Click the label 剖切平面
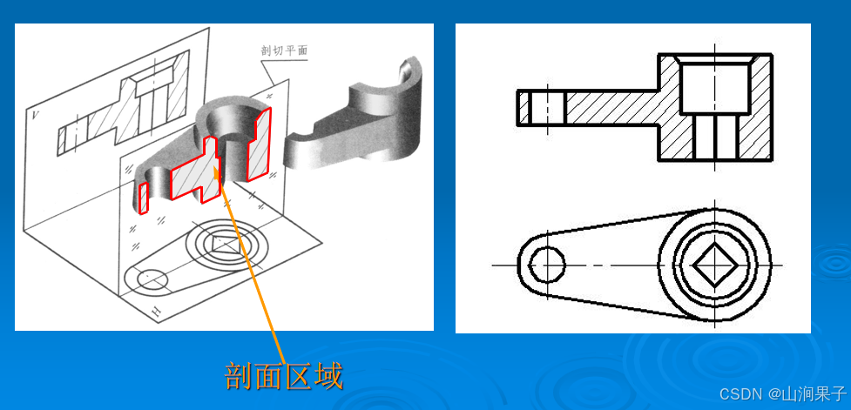[x=284, y=51]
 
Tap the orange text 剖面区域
[x=284, y=376]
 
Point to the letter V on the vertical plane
[x=36, y=115]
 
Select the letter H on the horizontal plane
[x=157, y=312]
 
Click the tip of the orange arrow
[x=217, y=168]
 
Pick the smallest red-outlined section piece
[x=143, y=198]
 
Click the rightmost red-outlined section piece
[x=259, y=145]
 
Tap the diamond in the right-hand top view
[x=714, y=265]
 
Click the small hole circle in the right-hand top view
[x=547, y=265]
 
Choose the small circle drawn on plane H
[x=149, y=279]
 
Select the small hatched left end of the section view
[x=523, y=107]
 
